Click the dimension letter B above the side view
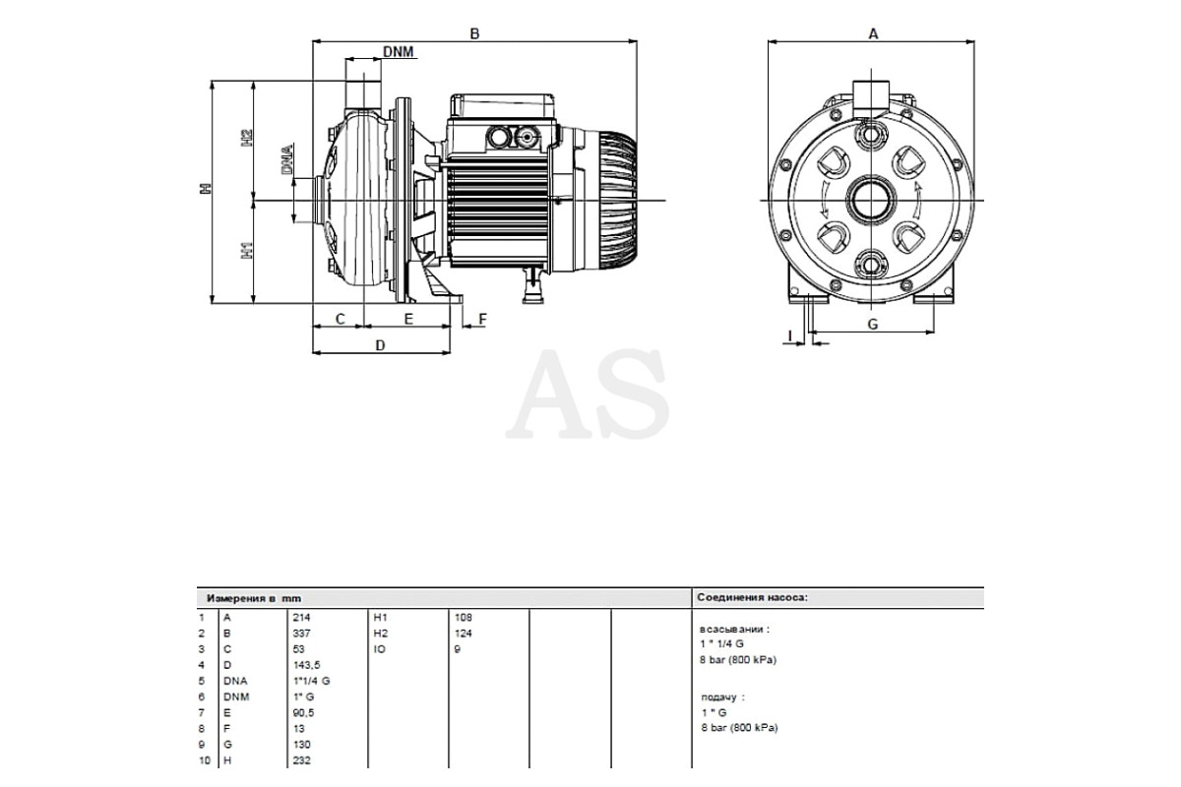point(474,33)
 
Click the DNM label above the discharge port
point(398,52)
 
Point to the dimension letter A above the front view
point(873,33)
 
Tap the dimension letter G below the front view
point(873,325)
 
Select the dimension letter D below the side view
point(380,345)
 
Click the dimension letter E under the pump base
point(408,319)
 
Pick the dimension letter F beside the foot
point(482,319)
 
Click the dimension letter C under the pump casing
point(341,319)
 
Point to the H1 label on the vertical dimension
point(247,251)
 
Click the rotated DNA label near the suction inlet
point(287,158)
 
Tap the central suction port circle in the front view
point(871,201)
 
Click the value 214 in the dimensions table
point(301,617)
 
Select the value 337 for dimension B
point(301,634)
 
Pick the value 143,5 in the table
point(306,665)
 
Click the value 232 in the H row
point(301,760)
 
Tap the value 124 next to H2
point(463,634)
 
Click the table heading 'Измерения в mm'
point(254,598)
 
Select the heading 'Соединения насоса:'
point(752,597)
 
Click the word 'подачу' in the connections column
point(718,697)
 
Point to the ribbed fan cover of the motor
point(617,201)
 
